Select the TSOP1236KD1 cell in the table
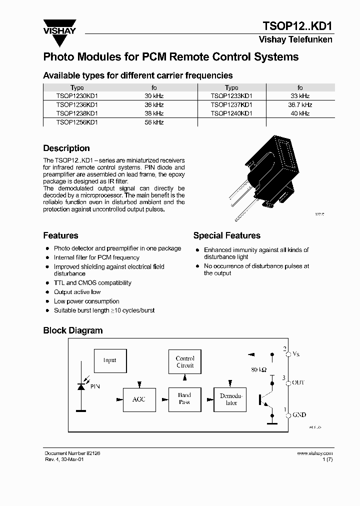[77, 105]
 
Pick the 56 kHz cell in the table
[154, 122]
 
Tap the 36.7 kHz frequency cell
[300, 105]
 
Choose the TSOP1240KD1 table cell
[231, 113]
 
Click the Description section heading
[66, 148]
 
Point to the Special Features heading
[226, 235]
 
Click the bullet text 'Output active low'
[77, 292]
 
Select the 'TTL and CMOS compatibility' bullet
[92, 283]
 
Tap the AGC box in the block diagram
[138, 399]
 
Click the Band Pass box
[184, 398]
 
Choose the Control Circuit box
[185, 362]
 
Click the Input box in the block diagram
[109, 360]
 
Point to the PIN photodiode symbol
[81, 385]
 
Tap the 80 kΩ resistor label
[259, 370]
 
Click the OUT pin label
[298, 382]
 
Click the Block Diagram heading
[73, 330]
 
